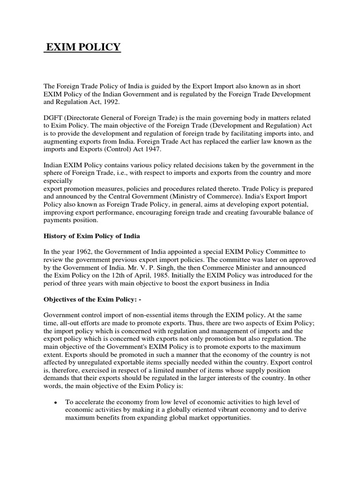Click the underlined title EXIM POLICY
[x=82, y=47]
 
